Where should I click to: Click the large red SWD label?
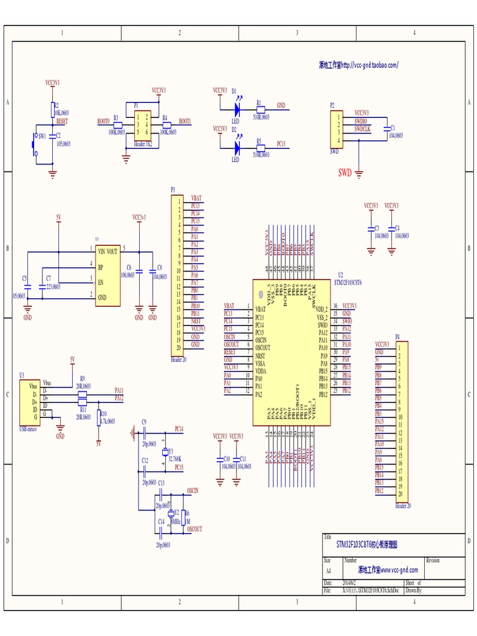(x=345, y=172)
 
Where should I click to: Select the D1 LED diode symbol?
(x=237, y=106)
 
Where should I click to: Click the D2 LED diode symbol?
(x=237, y=147)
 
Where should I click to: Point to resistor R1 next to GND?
(x=260, y=106)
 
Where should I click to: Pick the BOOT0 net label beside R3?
(x=103, y=121)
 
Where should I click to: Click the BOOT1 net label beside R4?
(x=184, y=121)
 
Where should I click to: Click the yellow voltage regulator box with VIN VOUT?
(x=107, y=275)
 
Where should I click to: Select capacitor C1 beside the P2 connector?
(x=386, y=130)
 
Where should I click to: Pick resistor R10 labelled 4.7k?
(x=99, y=418)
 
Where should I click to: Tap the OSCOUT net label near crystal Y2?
(x=194, y=529)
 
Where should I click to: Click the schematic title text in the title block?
(x=366, y=545)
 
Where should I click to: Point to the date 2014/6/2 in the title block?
(x=350, y=583)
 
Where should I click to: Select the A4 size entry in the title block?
(x=329, y=570)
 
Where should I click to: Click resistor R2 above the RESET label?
(x=53, y=110)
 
